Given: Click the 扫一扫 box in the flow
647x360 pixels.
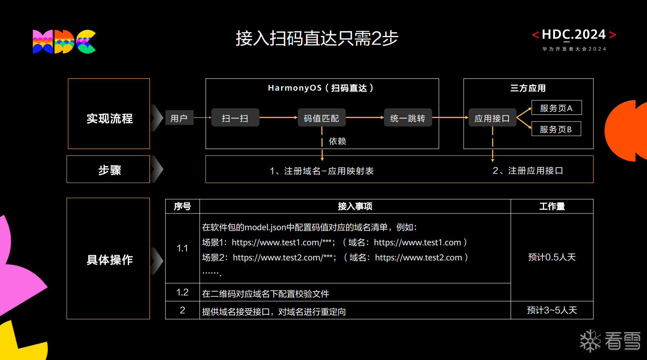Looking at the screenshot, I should pos(235,118).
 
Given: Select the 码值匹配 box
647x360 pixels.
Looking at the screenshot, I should pos(321,118).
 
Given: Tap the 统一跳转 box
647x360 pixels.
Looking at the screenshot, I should pos(408,118).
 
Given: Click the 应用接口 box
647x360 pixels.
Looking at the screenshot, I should pos(492,118).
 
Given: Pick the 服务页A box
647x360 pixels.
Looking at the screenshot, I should pos(556,108).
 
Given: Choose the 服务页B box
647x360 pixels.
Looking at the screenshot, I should pos(556,129).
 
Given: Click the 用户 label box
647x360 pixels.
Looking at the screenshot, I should pos(179,118).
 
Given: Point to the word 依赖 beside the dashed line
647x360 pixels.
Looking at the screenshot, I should pos(337,141).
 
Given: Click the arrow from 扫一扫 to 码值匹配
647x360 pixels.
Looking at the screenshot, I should pos(278,118).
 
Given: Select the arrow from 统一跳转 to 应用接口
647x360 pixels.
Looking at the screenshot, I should pos(450,118).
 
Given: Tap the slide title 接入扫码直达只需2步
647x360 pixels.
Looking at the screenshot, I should pos(317,38).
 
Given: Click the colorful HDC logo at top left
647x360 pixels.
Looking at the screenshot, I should pos(64,42).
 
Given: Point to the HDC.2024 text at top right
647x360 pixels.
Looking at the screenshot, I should pos(573,35).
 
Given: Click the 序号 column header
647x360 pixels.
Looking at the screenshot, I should pos(182,206).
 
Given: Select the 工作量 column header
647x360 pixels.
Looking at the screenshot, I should pos(552,206).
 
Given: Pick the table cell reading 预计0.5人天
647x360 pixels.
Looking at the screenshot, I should pos(552,257).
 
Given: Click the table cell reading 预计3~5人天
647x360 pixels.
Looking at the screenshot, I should pos(552,310).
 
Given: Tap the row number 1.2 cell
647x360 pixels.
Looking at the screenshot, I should pos(182,292).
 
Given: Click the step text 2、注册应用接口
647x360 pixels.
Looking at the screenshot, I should pos(528,171).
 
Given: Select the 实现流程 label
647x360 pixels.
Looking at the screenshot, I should pos(109,118).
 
